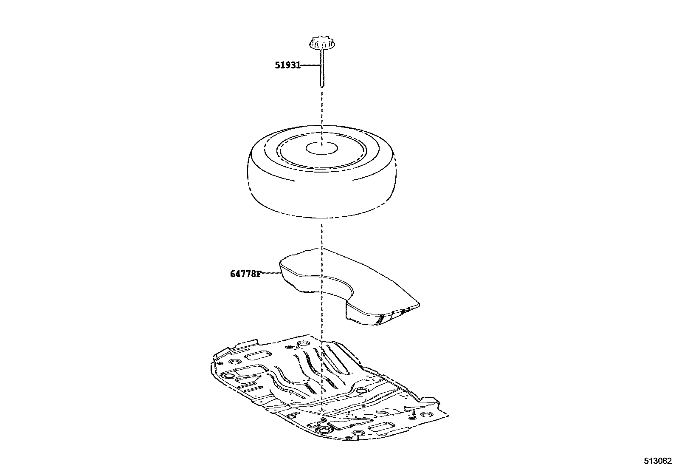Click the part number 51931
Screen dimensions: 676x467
pyautogui.click(x=287, y=65)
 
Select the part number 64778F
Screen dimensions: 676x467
pyautogui.click(x=245, y=274)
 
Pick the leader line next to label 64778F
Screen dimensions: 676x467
pyautogui.click(x=270, y=274)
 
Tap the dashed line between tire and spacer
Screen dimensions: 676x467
pyautogui.click(x=322, y=234)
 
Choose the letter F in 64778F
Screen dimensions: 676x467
pyautogui.click(x=259, y=274)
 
